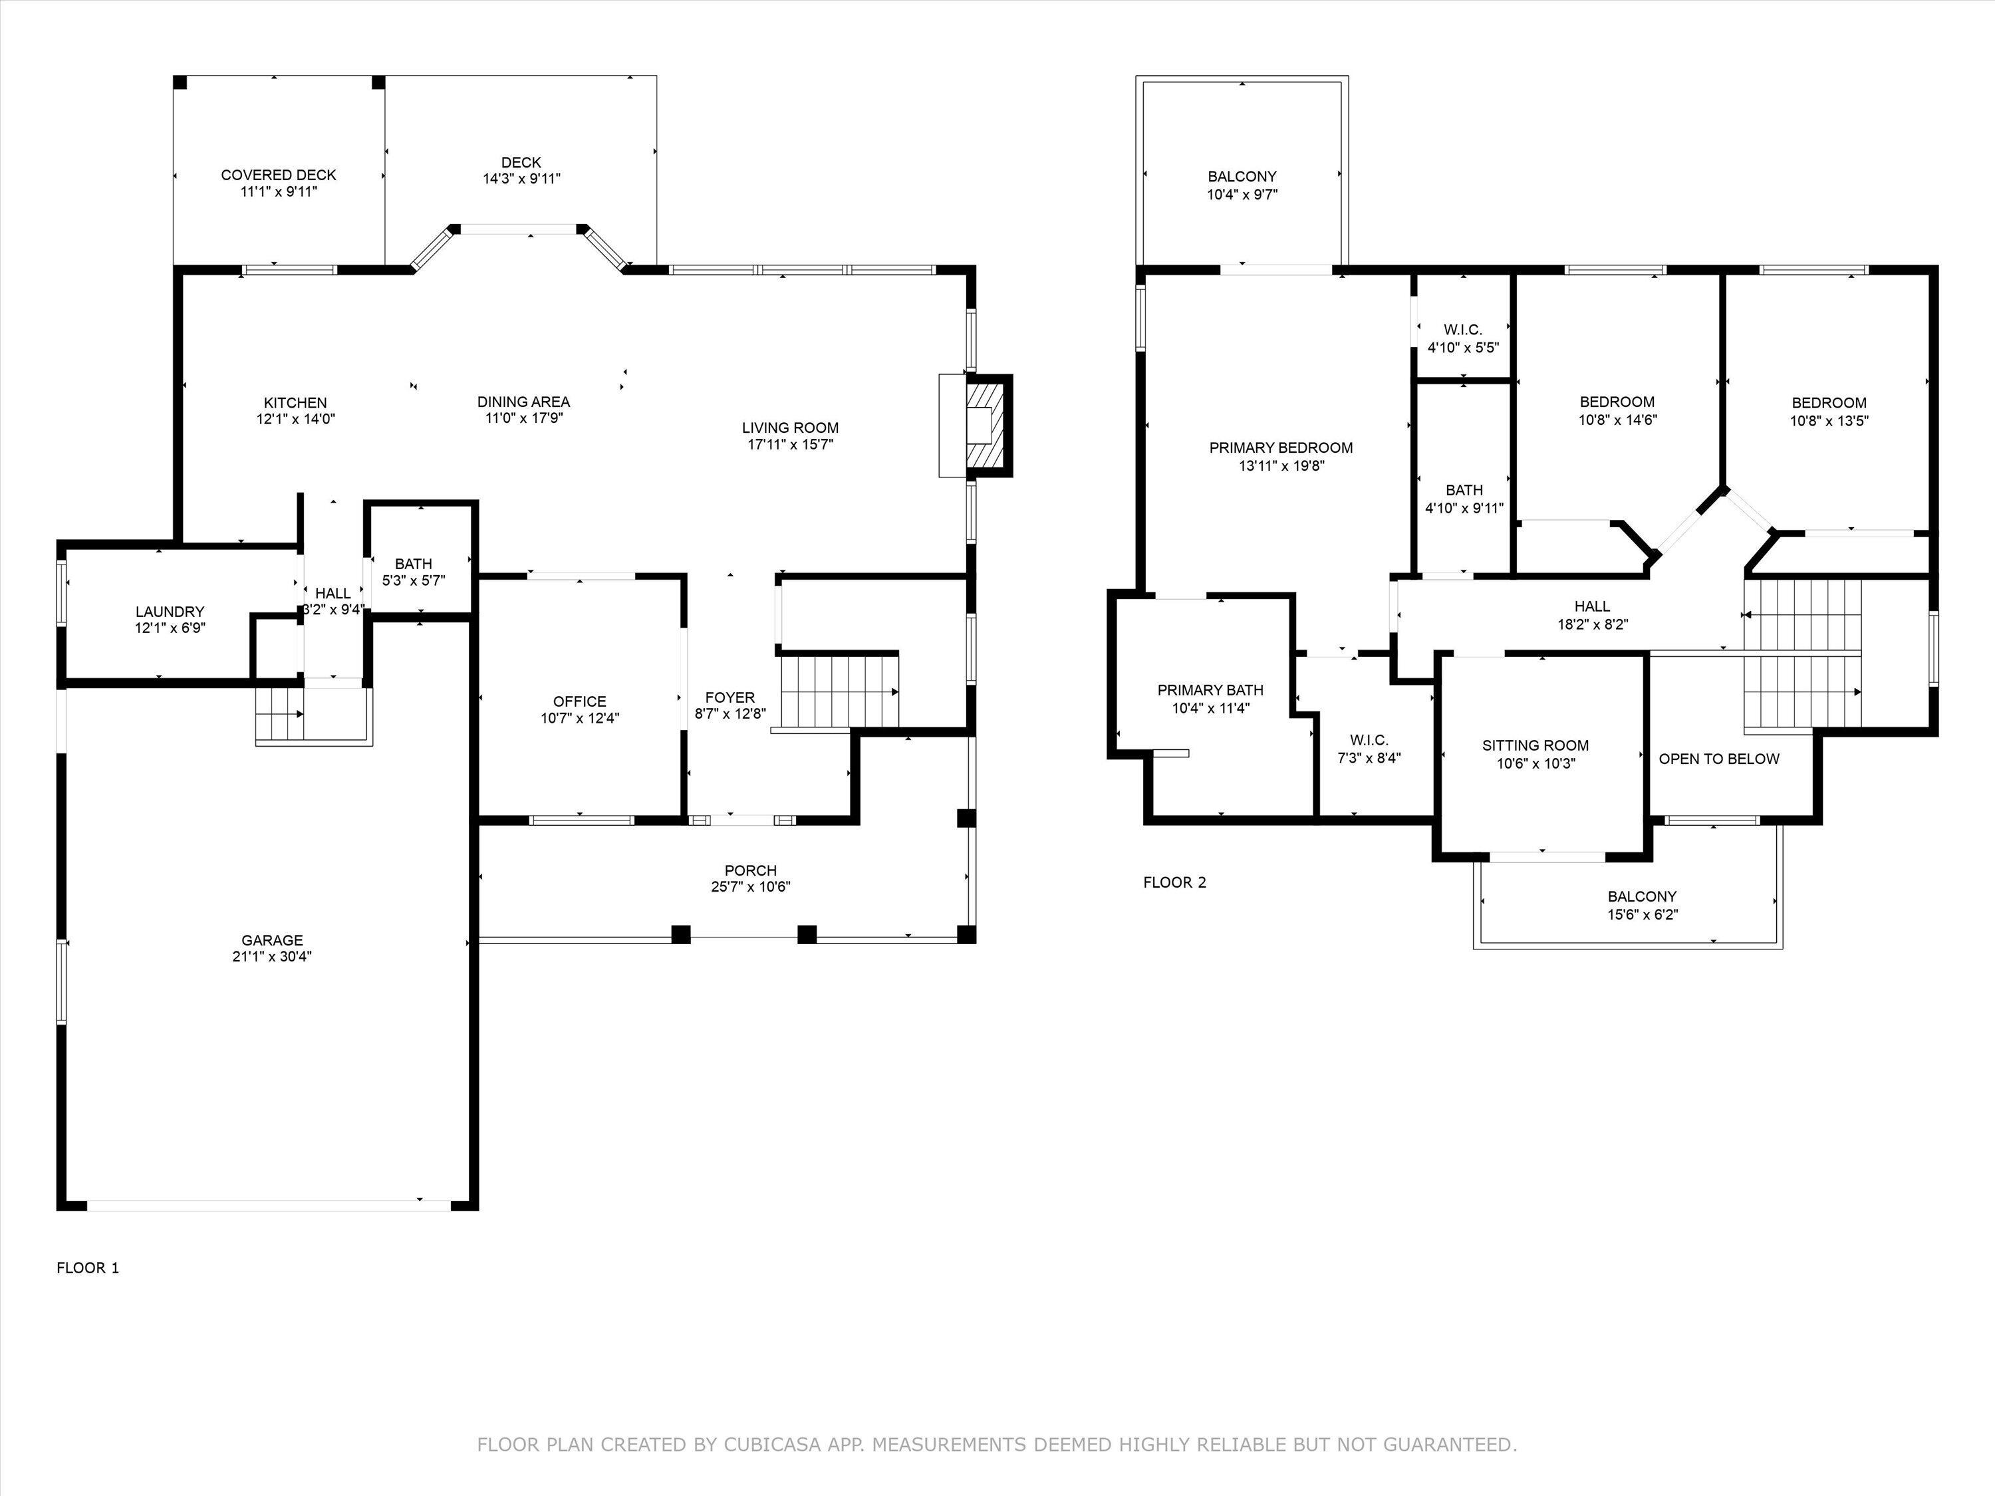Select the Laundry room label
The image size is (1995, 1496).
click(170, 612)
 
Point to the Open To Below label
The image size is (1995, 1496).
click(1718, 759)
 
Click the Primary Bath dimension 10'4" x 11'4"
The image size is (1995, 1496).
click(1210, 709)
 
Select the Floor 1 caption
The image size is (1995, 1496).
click(88, 1268)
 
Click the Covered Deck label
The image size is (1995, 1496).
click(279, 175)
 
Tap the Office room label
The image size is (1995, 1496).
click(579, 701)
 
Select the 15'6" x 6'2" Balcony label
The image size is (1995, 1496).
click(1641, 896)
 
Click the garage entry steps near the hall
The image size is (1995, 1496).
click(279, 714)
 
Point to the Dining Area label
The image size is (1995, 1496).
click(523, 402)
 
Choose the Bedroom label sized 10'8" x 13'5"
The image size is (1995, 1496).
click(1828, 403)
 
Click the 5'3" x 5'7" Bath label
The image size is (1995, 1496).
click(413, 564)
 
